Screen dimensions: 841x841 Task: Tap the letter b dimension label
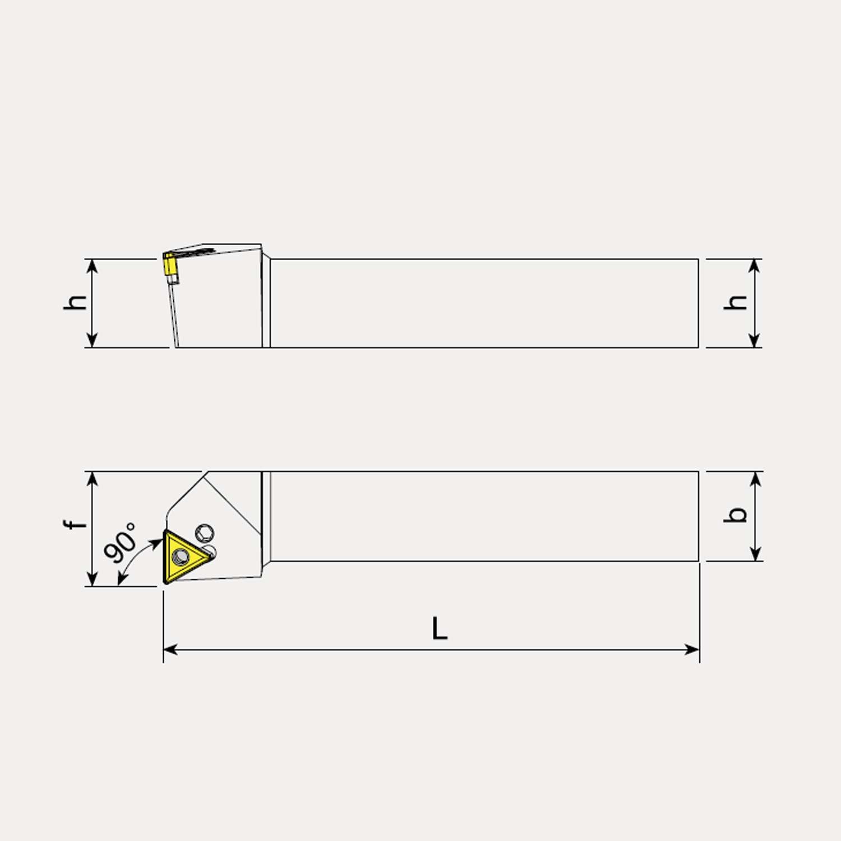[736, 515]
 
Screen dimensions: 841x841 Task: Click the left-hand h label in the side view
[75, 302]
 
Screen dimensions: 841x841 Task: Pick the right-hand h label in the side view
[736, 302]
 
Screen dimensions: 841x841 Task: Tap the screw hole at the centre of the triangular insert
[181, 556]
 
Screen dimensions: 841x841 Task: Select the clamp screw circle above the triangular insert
[205, 533]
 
